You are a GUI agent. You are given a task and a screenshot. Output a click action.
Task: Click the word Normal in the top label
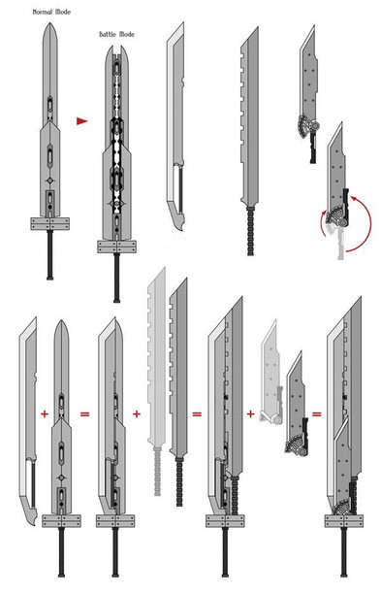[43, 12]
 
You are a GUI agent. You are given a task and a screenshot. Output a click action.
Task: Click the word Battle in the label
[109, 34]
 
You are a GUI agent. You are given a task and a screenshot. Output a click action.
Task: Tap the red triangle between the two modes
[82, 121]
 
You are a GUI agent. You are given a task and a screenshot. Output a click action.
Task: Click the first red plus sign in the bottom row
[45, 413]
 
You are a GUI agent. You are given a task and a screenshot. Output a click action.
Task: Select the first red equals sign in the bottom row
[85, 413]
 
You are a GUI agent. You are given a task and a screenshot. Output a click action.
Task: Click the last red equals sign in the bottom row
[316, 414]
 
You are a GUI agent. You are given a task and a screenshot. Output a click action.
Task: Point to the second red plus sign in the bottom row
[137, 413]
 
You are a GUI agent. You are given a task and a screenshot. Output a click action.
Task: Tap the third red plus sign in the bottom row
[251, 414]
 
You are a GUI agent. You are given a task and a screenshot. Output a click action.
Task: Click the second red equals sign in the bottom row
[197, 413]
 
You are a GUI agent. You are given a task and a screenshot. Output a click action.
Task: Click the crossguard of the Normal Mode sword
[49, 223]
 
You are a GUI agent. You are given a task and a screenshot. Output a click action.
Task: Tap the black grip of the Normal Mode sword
[49, 255]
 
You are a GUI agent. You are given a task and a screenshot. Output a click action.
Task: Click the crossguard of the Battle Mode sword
[116, 247]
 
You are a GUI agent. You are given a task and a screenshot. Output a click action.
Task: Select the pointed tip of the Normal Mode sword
[49, 23]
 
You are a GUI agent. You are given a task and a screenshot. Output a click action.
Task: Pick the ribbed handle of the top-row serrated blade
[251, 231]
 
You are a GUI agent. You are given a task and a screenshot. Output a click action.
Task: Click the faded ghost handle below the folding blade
[341, 245]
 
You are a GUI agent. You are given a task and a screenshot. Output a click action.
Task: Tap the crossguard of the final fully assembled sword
[343, 521]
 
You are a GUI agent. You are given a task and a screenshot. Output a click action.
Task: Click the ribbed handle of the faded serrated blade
[158, 471]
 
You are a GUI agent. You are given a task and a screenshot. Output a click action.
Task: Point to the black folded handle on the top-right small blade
[313, 148]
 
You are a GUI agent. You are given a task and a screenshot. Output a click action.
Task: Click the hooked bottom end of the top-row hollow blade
[179, 223]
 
